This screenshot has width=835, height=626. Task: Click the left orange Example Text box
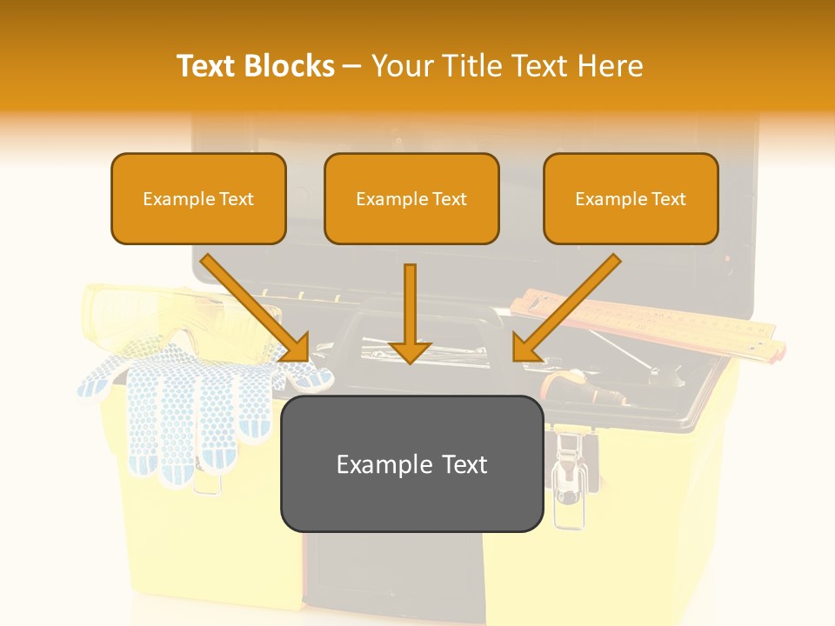pyautogui.click(x=198, y=198)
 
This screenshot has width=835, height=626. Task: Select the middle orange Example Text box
pyautogui.click(x=411, y=198)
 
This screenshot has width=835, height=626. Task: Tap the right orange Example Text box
pyautogui.click(x=631, y=198)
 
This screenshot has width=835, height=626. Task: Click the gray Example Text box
pyautogui.click(x=411, y=464)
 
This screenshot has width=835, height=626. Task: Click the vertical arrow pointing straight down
pyautogui.click(x=410, y=313)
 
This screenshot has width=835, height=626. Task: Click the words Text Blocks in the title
pyautogui.click(x=256, y=65)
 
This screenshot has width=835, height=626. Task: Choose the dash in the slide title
pyautogui.click(x=352, y=65)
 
